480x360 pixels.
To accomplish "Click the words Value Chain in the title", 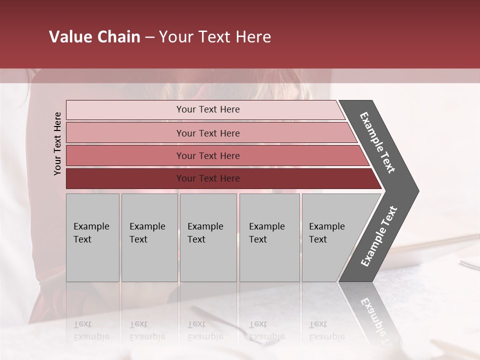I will [x=94, y=37].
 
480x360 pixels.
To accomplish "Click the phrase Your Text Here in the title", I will [x=215, y=37].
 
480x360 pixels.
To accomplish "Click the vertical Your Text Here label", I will [x=57, y=143].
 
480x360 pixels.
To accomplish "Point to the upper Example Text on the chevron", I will [x=377, y=142].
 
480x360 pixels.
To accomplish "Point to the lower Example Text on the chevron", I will [x=379, y=236].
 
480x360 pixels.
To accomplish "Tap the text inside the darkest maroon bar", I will [x=208, y=178].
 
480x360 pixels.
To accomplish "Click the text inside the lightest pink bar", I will [x=208, y=109].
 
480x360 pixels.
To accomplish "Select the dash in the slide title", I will [x=149, y=37].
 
